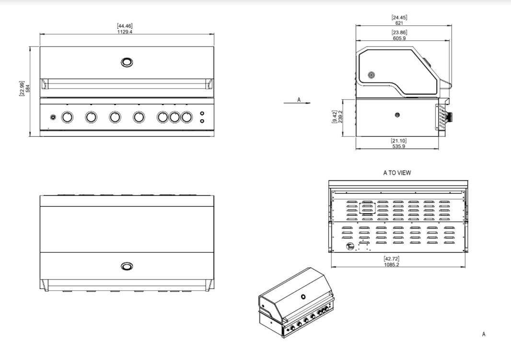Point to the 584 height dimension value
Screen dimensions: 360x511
pyautogui.click(x=28, y=89)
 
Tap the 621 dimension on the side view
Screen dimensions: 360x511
pyautogui.click(x=399, y=23)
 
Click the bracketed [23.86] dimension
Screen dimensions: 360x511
pyautogui.click(x=399, y=33)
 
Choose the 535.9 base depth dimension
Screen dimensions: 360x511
pyautogui.click(x=399, y=146)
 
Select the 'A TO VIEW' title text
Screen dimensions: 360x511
pyautogui.click(x=397, y=173)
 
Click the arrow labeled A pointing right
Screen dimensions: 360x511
pyautogui.click(x=297, y=102)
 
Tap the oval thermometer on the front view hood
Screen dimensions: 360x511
pyautogui.click(x=127, y=62)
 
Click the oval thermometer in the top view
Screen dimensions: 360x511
pyautogui.click(x=127, y=266)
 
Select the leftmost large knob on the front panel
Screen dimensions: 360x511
pyautogui.click(x=68, y=117)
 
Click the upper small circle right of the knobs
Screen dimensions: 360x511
pyautogui.click(x=202, y=114)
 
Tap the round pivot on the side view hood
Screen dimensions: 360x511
pyautogui.click(x=371, y=75)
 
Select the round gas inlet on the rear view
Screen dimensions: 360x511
pyautogui.click(x=350, y=247)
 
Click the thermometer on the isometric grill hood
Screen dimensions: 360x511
pyautogui.click(x=303, y=298)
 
